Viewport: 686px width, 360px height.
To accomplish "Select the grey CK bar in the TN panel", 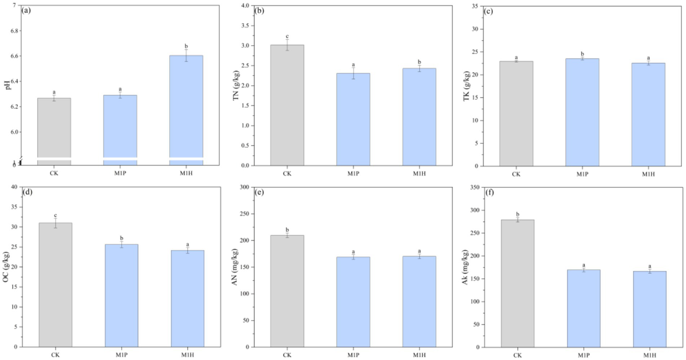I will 287,105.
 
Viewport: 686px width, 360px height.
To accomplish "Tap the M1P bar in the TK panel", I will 582,112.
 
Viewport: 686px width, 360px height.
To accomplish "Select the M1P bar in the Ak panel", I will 584,308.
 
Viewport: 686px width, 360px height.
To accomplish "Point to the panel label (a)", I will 26,11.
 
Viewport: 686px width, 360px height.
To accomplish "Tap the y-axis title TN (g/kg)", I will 236,85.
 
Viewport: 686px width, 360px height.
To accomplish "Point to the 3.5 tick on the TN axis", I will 244,25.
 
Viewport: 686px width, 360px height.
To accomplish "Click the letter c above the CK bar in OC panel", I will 55,216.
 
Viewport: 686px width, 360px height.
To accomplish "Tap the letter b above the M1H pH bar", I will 186,46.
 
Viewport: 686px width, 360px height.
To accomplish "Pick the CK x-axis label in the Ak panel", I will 518,355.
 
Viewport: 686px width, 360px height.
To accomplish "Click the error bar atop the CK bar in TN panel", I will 287,45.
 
